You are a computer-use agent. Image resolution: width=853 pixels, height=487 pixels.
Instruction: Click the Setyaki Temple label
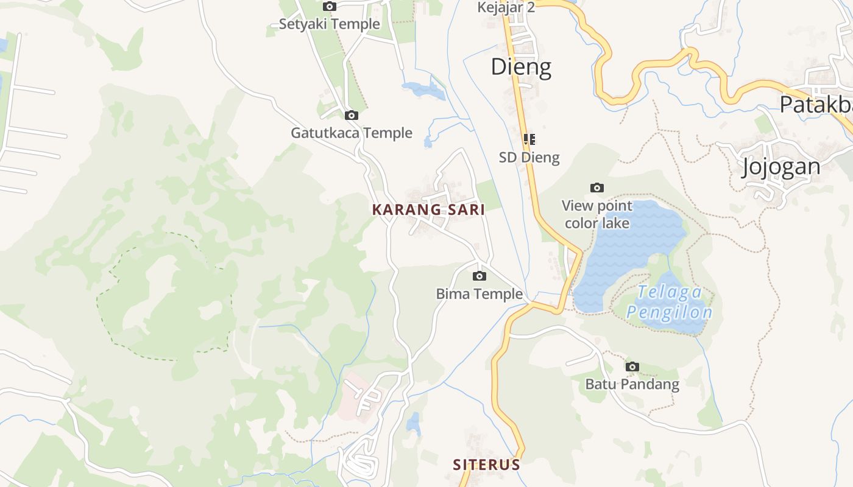329,24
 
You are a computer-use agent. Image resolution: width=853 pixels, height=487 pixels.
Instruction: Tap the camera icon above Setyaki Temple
330,7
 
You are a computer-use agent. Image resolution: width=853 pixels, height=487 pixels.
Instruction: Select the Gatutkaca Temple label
352,133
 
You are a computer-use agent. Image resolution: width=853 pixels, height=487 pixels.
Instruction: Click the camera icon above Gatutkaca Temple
352,115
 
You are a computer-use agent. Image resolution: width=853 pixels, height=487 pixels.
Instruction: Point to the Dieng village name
521,67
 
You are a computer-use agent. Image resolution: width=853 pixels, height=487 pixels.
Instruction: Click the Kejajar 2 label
506,7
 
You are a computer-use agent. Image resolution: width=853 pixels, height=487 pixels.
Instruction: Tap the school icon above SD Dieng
529,139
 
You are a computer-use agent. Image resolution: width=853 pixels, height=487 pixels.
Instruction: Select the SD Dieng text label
529,158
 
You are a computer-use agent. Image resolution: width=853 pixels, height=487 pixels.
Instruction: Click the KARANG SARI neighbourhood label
428,210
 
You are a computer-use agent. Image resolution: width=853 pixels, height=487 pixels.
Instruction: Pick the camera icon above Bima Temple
480,276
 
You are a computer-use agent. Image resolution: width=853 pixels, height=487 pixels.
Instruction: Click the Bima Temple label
480,294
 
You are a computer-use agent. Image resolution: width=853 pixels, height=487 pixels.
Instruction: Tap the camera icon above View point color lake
597,187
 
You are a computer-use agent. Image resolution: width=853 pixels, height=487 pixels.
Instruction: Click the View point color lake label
597,214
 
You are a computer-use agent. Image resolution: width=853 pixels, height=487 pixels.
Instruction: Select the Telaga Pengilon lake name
670,303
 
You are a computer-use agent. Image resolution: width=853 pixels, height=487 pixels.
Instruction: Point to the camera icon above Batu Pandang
632,366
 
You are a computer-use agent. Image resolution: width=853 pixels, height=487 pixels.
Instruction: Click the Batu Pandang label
632,384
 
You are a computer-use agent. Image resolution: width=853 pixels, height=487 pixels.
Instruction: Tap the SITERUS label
486,465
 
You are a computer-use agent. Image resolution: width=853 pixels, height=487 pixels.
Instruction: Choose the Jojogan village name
781,167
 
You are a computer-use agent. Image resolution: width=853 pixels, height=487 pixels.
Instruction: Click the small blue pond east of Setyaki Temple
423,90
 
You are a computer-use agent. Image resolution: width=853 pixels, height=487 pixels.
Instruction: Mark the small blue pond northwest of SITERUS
414,424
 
